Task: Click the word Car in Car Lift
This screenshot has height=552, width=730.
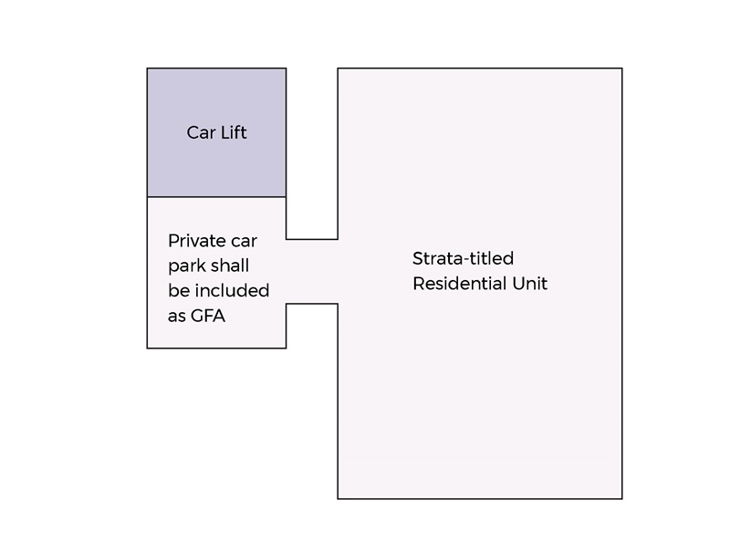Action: tap(200, 132)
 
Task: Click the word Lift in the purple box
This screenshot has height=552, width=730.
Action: tap(232, 132)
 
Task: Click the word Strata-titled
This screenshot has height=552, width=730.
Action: tap(463, 258)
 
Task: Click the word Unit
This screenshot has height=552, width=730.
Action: tap(529, 284)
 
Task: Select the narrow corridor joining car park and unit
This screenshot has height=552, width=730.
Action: tap(312, 272)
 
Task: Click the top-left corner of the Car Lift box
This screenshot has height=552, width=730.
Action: tap(148, 68)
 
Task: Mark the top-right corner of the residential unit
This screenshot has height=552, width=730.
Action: tap(622, 68)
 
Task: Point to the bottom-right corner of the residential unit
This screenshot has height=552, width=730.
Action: tap(622, 498)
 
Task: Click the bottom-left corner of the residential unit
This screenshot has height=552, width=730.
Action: tap(338, 498)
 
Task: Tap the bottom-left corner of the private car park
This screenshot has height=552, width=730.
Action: tap(148, 348)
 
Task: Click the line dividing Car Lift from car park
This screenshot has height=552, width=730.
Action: tap(216, 197)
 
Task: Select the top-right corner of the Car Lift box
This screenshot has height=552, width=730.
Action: tap(286, 68)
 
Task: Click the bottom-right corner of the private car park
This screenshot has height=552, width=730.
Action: tap(286, 348)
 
